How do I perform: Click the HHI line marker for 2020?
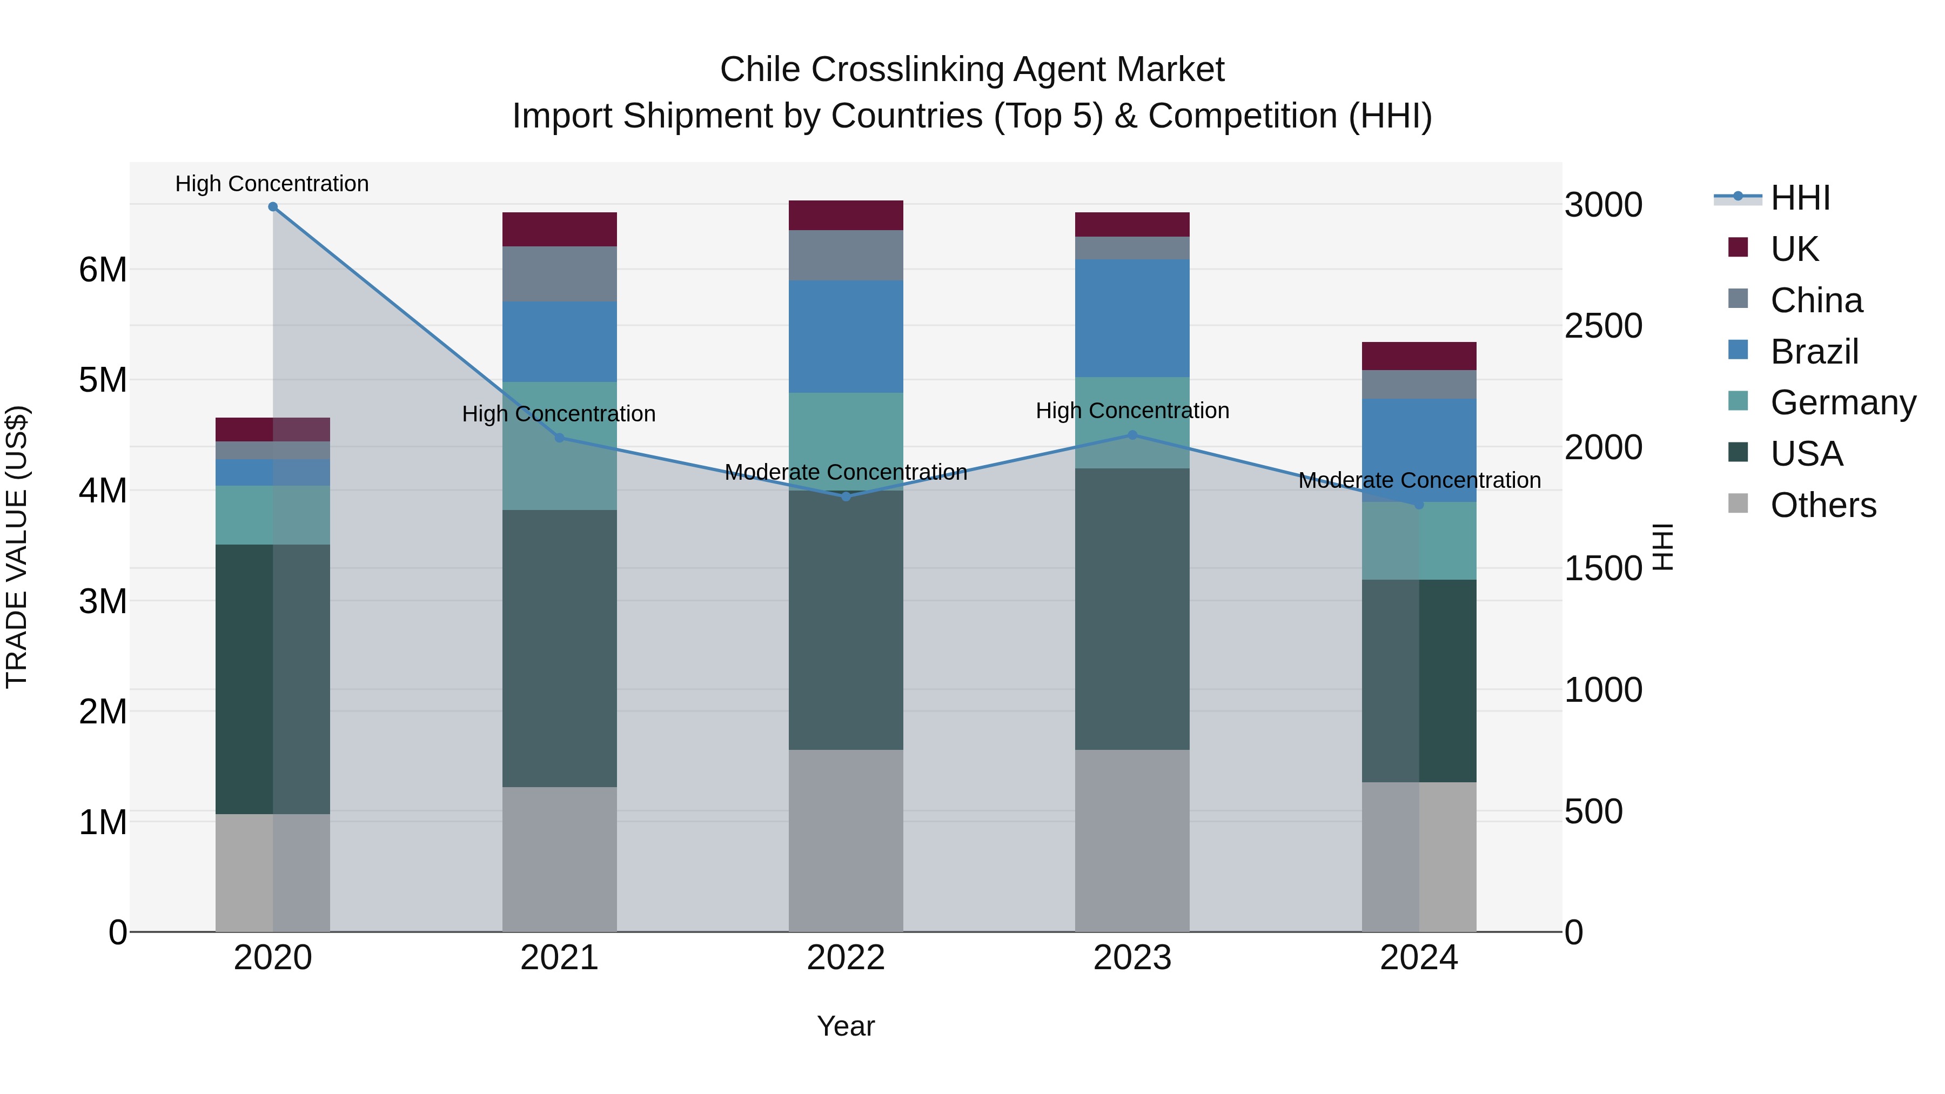273,207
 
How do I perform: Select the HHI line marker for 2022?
846,496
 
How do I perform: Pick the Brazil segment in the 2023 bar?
1132,318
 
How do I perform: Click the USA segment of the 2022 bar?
846,619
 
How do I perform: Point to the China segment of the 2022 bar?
846,255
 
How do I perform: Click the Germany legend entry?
1842,402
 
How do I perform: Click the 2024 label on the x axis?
1418,958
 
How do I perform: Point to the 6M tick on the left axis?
103,270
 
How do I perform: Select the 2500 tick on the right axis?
1602,326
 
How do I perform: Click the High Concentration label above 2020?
272,184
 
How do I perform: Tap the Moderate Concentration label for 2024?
1419,480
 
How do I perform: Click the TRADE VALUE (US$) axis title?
17,547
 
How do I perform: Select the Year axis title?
846,1026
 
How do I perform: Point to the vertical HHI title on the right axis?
1664,547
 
